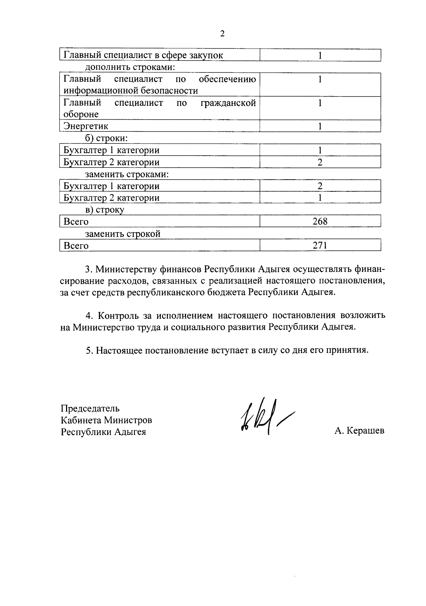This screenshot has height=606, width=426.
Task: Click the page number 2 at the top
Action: (x=222, y=34)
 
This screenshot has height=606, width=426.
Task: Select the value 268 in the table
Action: (x=320, y=222)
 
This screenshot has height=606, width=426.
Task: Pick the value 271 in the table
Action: (x=320, y=245)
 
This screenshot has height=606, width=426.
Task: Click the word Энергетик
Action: (x=86, y=126)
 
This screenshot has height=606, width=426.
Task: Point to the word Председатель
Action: (x=90, y=408)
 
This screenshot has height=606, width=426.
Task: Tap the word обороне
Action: (x=81, y=114)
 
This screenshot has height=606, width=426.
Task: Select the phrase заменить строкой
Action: (x=123, y=234)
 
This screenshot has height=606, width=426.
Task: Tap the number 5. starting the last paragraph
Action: (x=89, y=350)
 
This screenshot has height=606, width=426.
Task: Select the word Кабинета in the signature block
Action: (x=81, y=420)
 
